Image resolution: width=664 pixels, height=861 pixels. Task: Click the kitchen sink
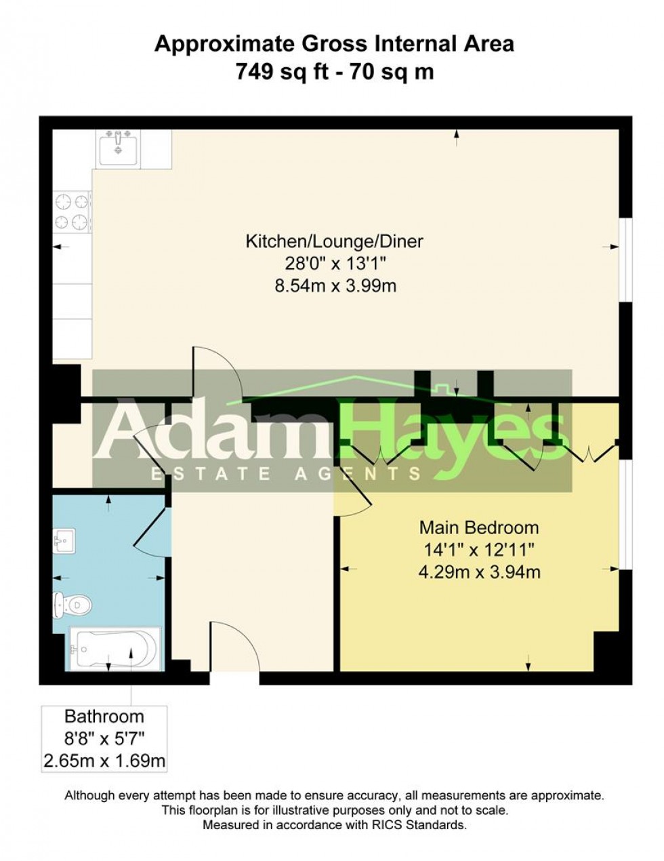point(119,146)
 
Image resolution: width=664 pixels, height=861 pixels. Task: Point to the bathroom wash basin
point(62,542)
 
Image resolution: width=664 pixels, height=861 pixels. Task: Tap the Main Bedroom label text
point(479,527)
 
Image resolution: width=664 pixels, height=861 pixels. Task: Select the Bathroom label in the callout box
point(104,716)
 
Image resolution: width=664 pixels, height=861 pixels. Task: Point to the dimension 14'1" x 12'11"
point(479,550)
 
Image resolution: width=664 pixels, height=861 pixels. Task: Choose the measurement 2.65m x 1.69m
point(104,761)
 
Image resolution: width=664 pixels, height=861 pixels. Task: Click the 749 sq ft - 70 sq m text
point(334,71)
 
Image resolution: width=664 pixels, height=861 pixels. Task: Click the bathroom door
point(150,525)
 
